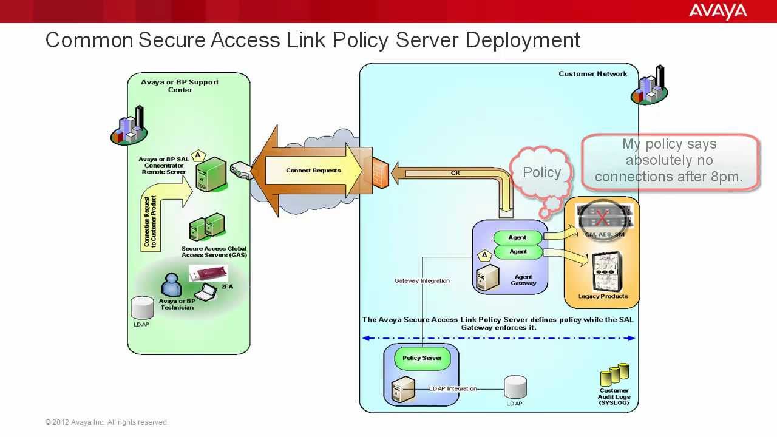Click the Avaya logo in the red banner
click(718, 11)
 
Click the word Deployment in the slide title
click(523, 40)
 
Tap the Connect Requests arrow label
click(313, 171)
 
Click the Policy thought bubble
click(541, 173)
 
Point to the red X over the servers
click(602, 217)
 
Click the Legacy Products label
click(602, 296)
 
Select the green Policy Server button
click(422, 358)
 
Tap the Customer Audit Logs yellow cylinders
click(614, 375)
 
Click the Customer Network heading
click(592, 74)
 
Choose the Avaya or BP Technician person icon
click(171, 285)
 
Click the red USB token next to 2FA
click(206, 274)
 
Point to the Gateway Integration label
click(422, 281)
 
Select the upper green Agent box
click(517, 238)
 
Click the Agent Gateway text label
click(523, 280)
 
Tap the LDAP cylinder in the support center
click(143, 308)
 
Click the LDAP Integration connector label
click(453, 388)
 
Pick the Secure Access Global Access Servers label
click(214, 252)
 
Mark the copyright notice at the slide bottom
click(107, 422)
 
